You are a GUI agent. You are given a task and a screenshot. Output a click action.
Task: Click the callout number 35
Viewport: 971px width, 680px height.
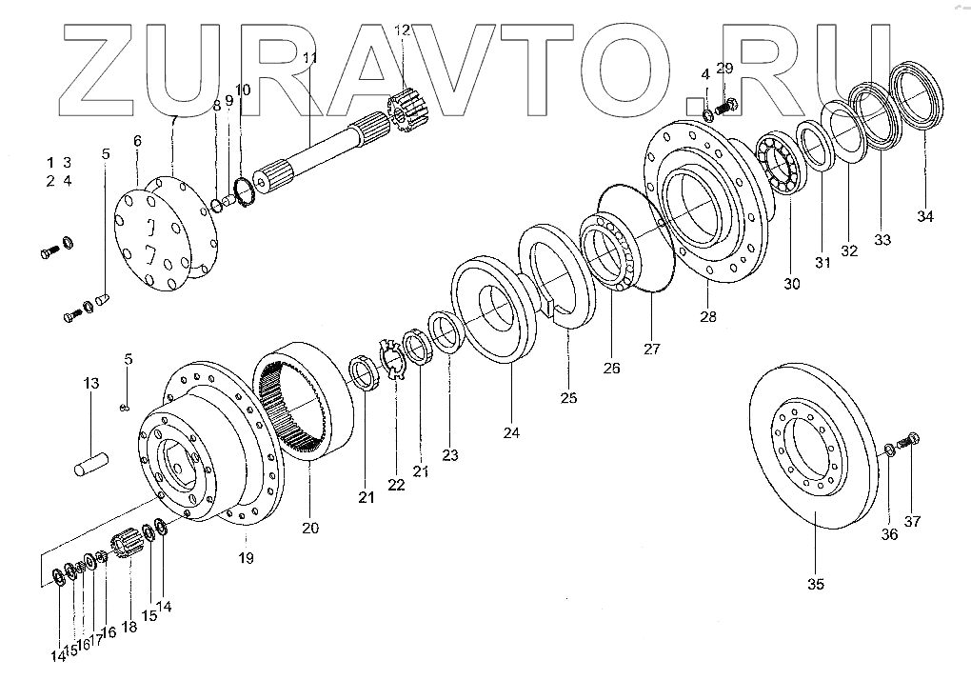click(x=816, y=584)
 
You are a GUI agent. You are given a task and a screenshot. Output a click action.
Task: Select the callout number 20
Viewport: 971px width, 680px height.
click(x=310, y=527)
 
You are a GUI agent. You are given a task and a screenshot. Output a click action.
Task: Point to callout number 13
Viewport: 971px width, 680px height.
click(x=90, y=383)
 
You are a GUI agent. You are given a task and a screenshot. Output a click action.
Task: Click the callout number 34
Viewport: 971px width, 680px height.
click(x=926, y=216)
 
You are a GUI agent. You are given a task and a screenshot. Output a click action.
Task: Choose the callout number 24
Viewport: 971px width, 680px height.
click(x=512, y=432)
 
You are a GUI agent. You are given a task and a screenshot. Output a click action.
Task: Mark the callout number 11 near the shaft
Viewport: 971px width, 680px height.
click(x=309, y=59)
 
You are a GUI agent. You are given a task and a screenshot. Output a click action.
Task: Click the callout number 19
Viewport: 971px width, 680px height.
click(x=246, y=558)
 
